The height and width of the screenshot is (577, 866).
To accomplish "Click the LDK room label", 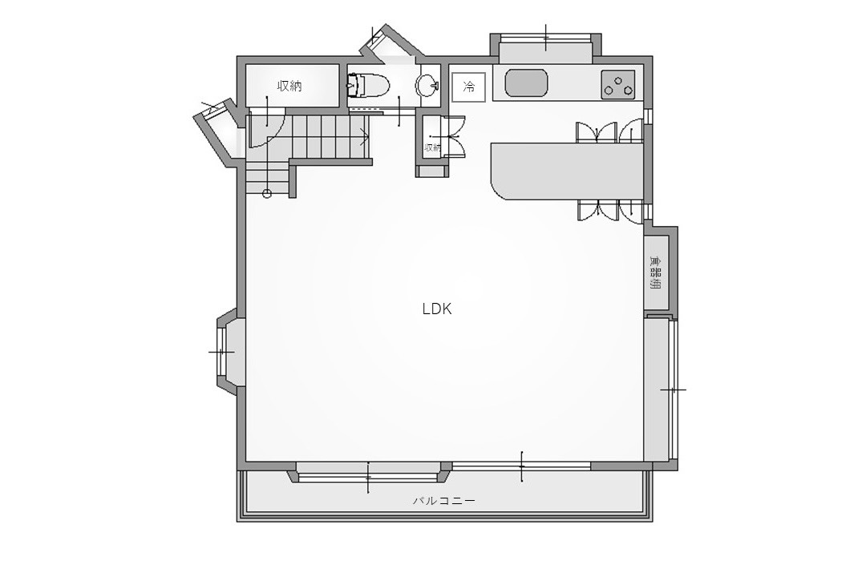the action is point(437,309).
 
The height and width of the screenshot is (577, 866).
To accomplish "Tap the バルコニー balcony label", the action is point(444,501).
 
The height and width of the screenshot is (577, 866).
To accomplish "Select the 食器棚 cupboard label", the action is point(656,272).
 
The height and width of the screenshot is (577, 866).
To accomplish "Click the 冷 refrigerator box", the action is point(469,87).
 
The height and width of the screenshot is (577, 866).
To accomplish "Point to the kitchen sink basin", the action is point(527,83).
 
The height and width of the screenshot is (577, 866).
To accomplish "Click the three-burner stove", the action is point(618,84).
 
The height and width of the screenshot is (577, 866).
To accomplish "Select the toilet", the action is point(368,86).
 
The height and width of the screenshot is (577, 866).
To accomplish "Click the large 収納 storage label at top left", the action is point(289,86).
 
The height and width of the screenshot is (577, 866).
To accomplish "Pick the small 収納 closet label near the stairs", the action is point(432,147).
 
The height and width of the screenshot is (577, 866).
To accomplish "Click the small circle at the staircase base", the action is point(267,193).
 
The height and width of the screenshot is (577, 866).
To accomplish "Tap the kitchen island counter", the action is point(567,171).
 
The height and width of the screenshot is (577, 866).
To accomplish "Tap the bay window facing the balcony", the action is point(368,473).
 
